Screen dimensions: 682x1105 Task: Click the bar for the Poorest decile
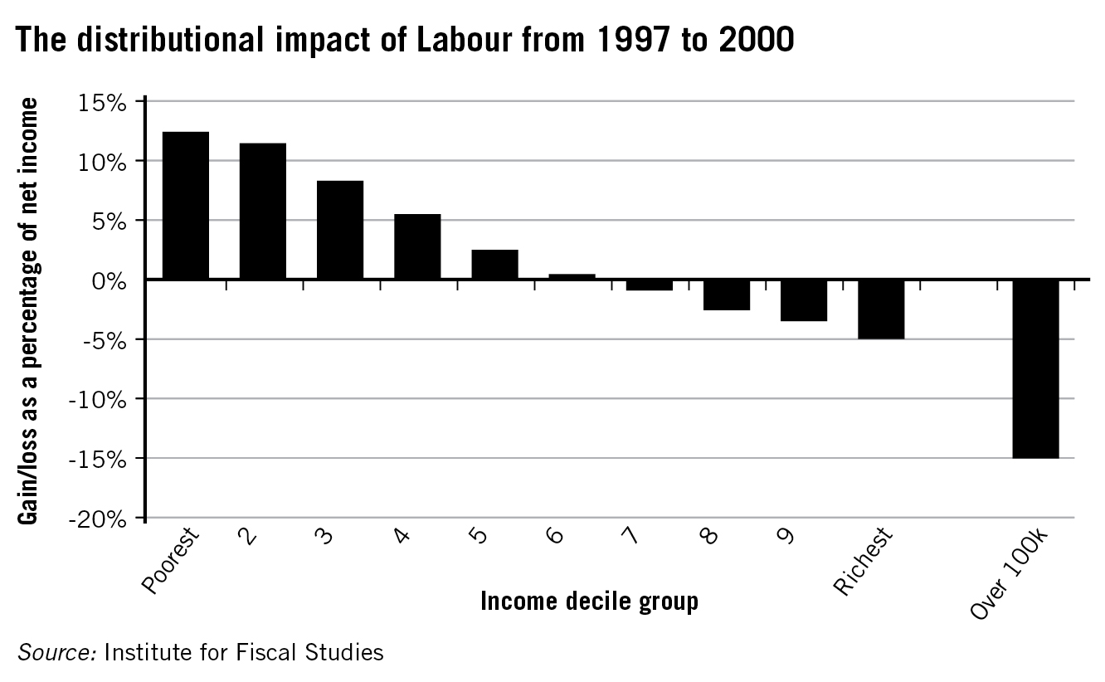(186, 205)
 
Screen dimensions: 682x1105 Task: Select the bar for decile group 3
(340, 230)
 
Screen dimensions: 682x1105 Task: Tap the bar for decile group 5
(494, 265)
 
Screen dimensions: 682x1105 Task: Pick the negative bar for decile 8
(727, 295)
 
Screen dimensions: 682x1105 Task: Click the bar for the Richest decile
(881, 309)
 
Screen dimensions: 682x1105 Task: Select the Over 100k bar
(1035, 368)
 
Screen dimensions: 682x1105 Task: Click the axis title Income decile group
(589, 601)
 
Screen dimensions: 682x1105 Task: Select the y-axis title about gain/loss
(30, 310)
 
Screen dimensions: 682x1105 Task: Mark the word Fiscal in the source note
(257, 652)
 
